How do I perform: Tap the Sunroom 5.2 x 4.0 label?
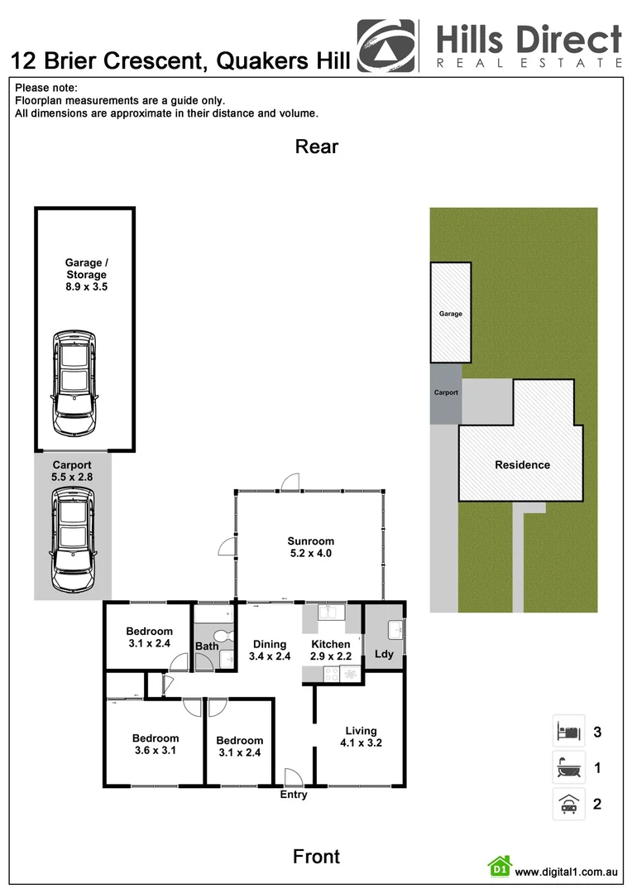[x=310, y=547]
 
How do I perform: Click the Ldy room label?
[x=384, y=654]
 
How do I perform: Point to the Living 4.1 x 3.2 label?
[x=361, y=737]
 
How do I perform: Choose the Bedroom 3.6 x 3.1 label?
[x=155, y=744]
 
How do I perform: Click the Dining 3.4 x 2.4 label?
[x=270, y=650]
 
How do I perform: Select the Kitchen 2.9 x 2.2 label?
[x=331, y=650]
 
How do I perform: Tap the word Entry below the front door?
[x=293, y=795]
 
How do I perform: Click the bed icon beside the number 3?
[x=568, y=732]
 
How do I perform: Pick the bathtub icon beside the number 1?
[x=568, y=768]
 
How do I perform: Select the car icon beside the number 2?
[x=568, y=804]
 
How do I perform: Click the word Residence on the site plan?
[x=522, y=464]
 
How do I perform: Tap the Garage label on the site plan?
[x=450, y=314]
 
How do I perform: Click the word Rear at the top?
[x=317, y=147]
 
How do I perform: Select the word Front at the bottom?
[x=317, y=856]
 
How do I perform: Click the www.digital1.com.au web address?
[x=567, y=872]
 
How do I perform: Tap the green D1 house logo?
[x=499, y=868]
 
